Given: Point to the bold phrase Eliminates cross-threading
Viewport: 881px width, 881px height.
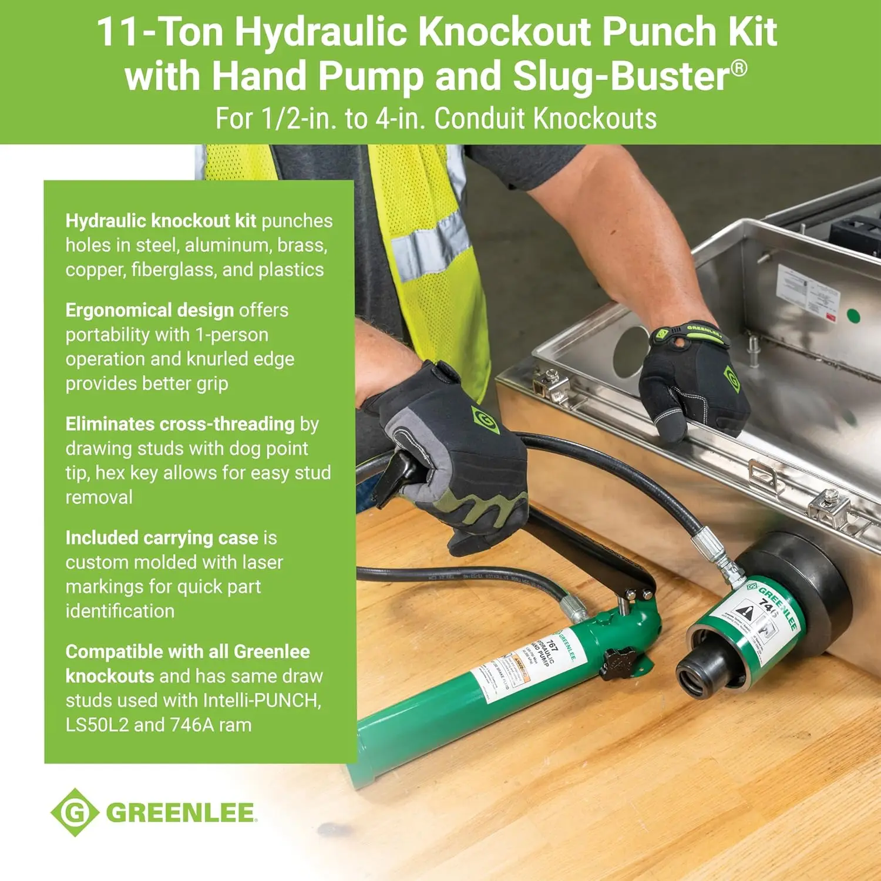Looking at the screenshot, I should pos(180,424).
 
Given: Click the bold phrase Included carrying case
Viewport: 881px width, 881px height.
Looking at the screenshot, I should pos(162,538).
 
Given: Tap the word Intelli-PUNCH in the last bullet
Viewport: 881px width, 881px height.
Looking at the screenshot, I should pos(261,701).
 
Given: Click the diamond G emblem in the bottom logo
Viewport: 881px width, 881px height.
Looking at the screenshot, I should pos(75,812).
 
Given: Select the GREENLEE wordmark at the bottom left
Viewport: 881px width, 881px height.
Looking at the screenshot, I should pos(181,813).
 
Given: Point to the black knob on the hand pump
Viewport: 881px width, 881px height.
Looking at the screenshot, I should pos(618,664).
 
